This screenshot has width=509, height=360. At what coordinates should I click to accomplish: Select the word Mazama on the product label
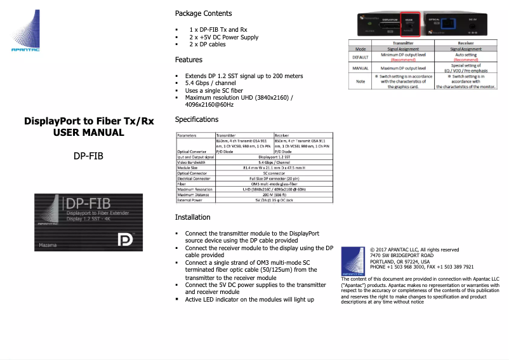(x=48, y=244)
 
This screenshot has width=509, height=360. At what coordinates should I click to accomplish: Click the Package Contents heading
(x=203, y=13)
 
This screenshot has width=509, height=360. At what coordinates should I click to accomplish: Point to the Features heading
(x=188, y=60)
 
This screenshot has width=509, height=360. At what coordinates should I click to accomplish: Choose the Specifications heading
(x=197, y=119)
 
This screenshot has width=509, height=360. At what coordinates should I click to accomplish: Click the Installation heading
(x=193, y=217)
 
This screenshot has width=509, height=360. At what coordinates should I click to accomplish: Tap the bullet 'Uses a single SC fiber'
(x=218, y=90)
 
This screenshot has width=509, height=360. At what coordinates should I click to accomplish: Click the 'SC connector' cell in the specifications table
(x=273, y=173)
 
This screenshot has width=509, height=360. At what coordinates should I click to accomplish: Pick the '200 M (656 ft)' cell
(x=273, y=194)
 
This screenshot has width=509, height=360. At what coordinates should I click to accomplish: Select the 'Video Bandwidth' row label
(x=191, y=162)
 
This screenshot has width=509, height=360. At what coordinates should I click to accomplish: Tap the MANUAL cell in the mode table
(x=360, y=68)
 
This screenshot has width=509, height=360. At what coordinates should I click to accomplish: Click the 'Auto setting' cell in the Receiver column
(x=465, y=55)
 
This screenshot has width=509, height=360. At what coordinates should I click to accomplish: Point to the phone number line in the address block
(x=421, y=267)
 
